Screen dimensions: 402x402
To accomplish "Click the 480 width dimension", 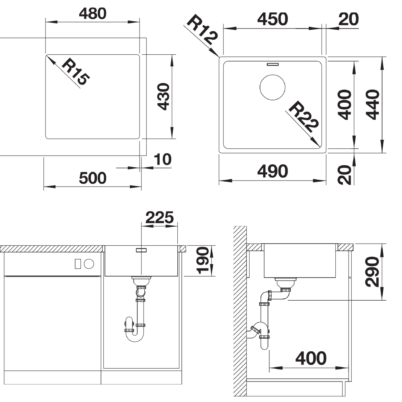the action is (92, 14).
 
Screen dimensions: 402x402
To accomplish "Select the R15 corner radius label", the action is (76, 72).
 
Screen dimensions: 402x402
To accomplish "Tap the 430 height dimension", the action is (163, 96).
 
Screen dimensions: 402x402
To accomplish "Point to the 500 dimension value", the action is (92, 178).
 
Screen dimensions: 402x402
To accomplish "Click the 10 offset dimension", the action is (162, 160).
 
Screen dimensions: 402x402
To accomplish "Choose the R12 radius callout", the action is (203, 29).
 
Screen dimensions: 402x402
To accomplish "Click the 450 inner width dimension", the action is (273, 19).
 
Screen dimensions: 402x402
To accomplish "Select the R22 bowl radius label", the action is (304, 117).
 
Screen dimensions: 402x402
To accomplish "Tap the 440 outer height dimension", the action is (373, 105).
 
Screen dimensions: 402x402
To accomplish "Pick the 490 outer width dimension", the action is (273, 171).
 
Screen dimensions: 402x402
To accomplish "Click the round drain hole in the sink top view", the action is (272, 87).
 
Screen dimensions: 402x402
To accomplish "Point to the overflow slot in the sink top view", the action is (273, 64).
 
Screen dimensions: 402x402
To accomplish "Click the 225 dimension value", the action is (160, 217).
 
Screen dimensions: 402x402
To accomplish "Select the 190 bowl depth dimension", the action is (202, 260).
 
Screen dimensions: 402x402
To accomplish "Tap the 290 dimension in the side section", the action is (372, 272).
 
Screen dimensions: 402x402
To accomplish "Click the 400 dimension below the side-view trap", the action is (311, 358).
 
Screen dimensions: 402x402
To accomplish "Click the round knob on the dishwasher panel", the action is (89, 264).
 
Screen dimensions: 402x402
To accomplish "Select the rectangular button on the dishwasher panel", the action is (78, 264).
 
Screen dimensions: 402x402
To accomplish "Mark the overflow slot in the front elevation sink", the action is (141, 250).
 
